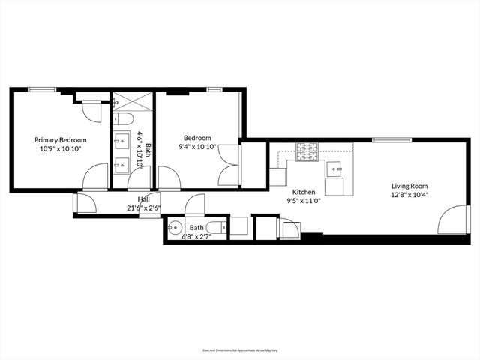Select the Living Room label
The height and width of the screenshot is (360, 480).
[409, 187]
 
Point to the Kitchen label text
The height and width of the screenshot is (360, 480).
[304, 192]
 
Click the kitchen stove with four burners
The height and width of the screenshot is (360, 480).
[307, 153]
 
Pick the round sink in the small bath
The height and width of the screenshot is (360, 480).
[176, 229]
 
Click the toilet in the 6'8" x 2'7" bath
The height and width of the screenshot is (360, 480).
[215, 229]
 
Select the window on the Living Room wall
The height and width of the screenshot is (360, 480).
[391, 139]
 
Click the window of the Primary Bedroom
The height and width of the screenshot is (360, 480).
[42, 89]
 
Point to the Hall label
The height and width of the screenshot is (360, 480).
[143, 199]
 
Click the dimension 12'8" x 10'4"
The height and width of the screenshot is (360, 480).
[409, 196]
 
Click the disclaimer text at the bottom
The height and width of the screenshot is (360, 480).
[239, 349]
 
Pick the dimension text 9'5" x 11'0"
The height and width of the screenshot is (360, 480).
[304, 201]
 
